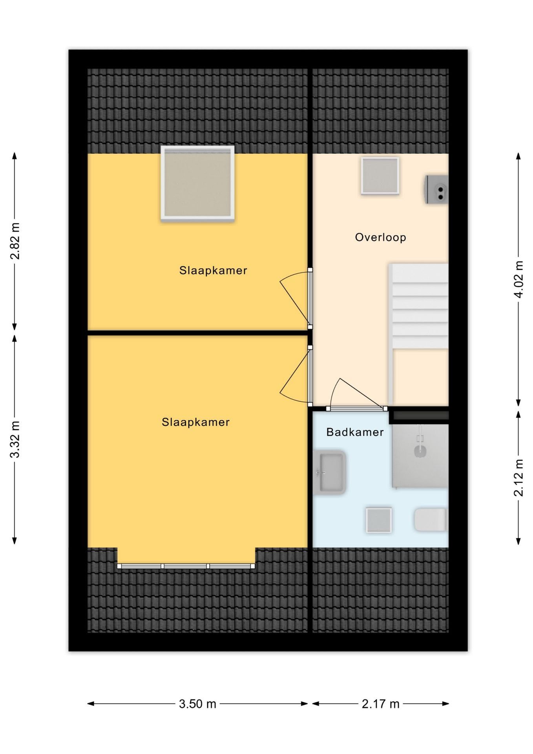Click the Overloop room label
tap(380, 237)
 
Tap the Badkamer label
tap(355, 432)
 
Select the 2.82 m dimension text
tap(15, 241)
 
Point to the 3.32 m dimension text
tap(15, 439)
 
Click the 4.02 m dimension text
tap(518, 279)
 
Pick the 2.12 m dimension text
tap(518, 478)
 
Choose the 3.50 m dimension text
tap(197, 704)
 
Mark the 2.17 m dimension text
tap(380, 704)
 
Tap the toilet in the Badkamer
tap(431, 520)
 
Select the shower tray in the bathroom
tap(420, 456)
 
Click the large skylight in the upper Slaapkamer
tap(197, 183)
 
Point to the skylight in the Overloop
tap(380, 176)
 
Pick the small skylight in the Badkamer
tap(379, 520)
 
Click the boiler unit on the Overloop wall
tap(436, 189)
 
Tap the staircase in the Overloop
tap(419, 334)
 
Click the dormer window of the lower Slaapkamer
tap(186, 566)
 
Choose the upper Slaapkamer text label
tap(213, 271)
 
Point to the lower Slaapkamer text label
tap(195, 422)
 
